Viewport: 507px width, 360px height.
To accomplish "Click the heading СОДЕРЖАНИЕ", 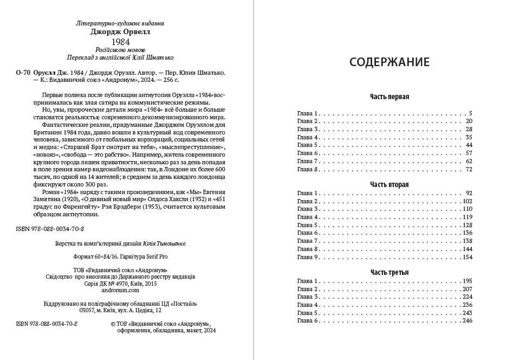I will [x=389, y=61].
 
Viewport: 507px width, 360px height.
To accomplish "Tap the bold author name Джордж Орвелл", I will [x=120, y=31].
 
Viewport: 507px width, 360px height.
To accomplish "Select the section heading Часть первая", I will [x=389, y=97].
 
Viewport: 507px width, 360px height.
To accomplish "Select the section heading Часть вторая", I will [x=389, y=185].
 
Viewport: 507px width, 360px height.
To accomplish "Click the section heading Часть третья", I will [x=389, y=272].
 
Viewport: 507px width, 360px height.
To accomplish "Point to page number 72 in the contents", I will [x=469, y=170].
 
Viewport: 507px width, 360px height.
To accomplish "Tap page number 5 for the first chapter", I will [x=471, y=113].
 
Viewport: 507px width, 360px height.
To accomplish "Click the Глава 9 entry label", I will [x=309, y=257].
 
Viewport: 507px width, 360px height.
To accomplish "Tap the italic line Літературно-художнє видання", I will [x=120, y=23].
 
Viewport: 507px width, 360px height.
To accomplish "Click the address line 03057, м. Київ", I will [x=120, y=311].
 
